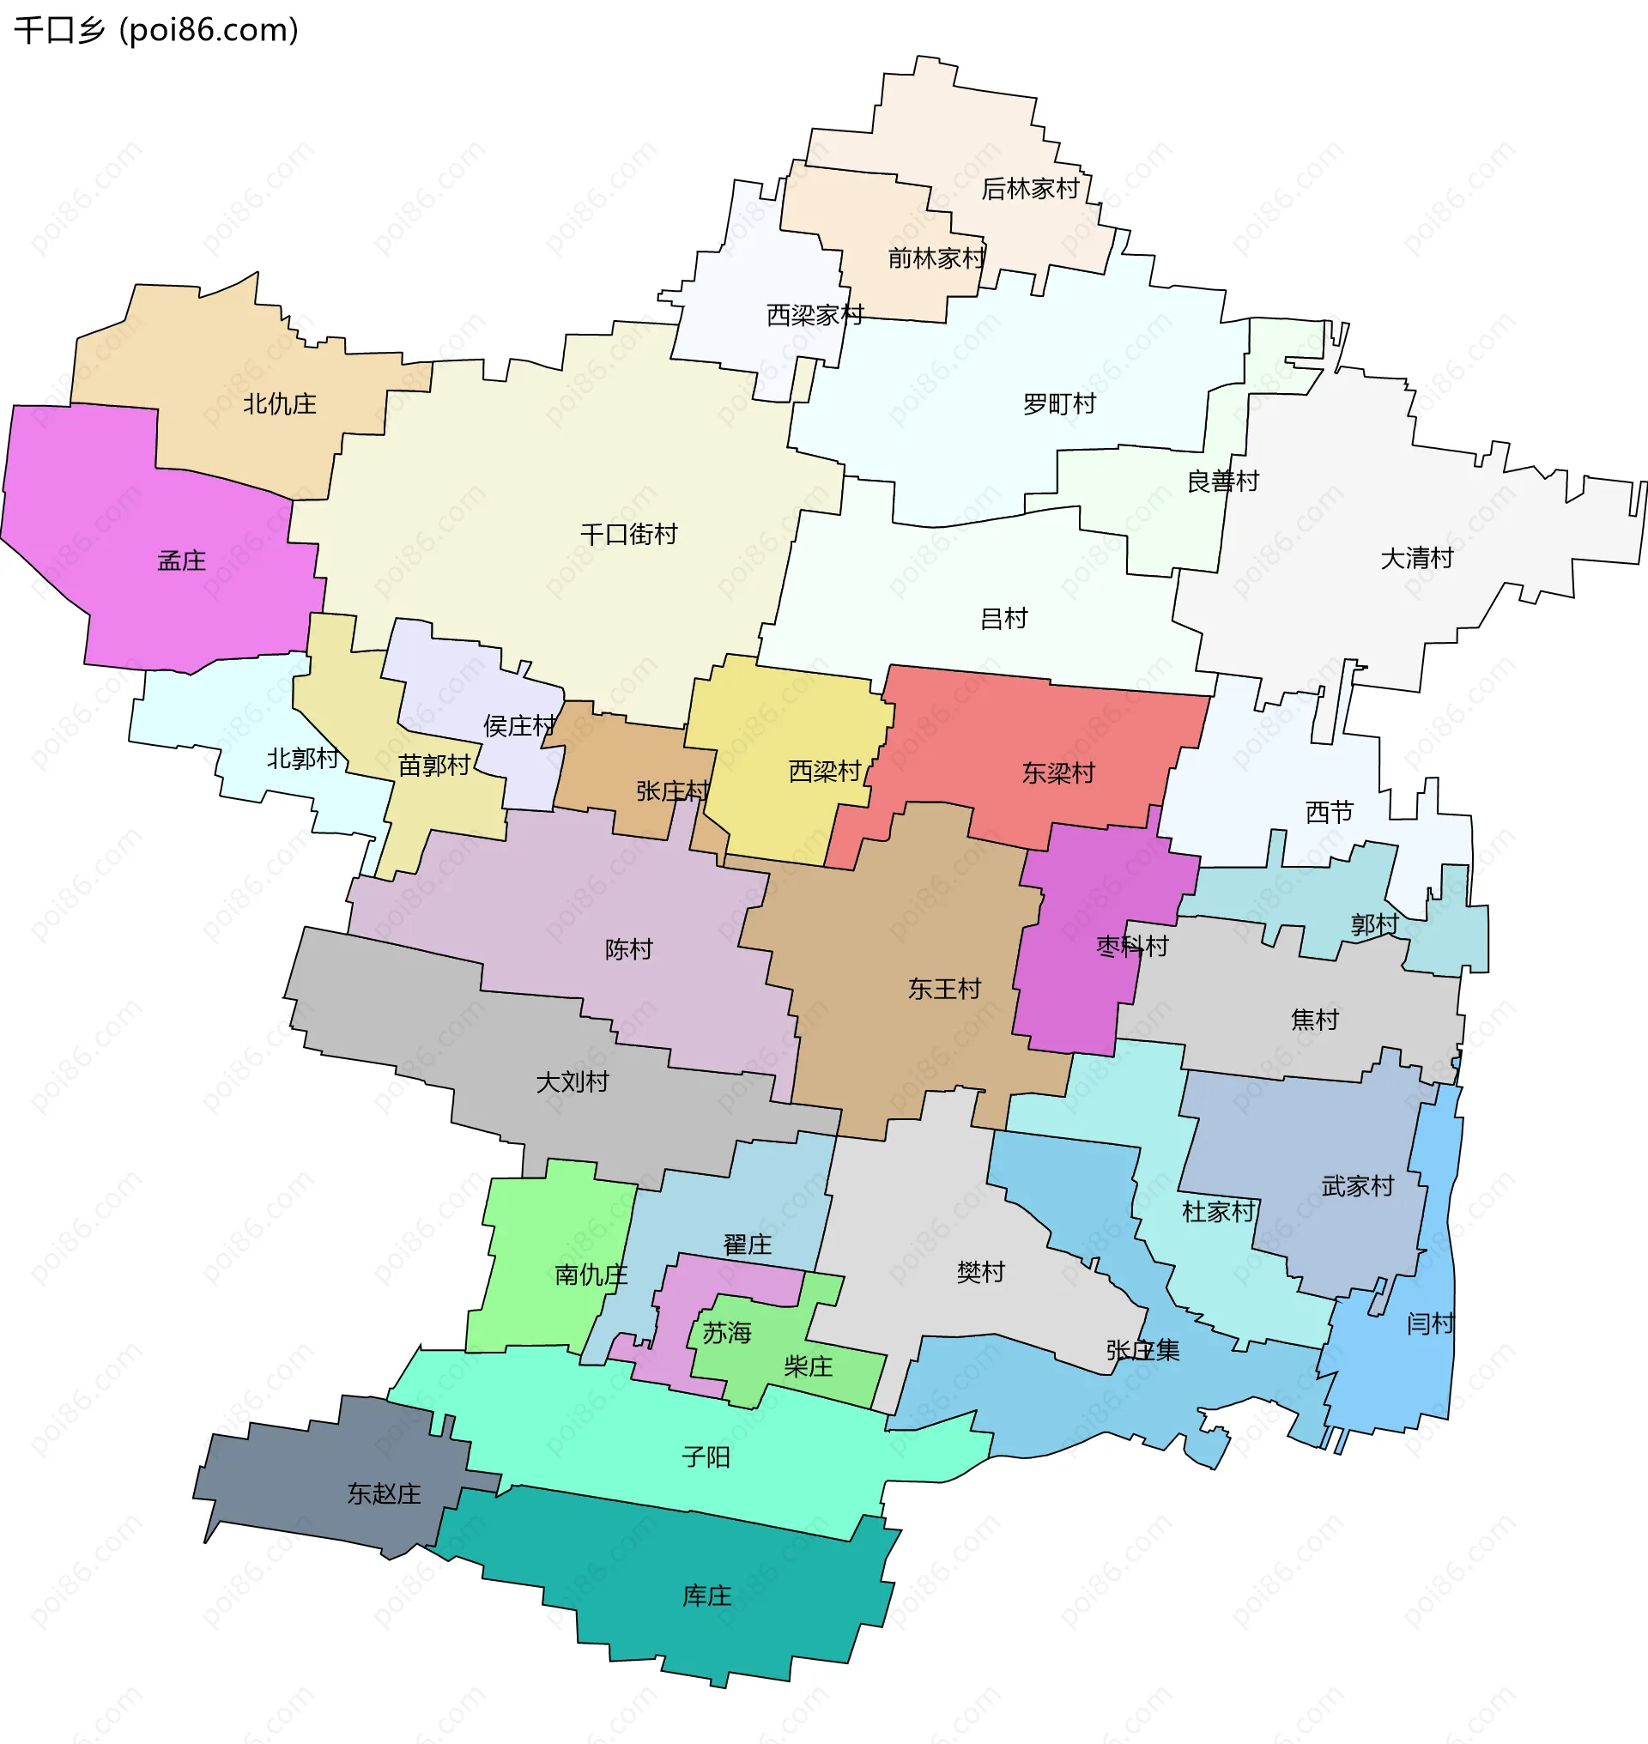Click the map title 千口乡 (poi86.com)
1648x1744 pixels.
tap(156, 30)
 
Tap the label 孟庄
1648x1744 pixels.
tap(181, 560)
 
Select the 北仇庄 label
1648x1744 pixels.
tap(279, 404)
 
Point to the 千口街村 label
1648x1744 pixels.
tap(628, 534)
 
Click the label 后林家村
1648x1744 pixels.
tap(1028, 189)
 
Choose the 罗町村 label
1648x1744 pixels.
tap(1058, 404)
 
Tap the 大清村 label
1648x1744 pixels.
tap(1416, 558)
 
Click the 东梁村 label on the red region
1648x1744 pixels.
tap(1057, 773)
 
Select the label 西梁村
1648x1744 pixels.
tap(824, 772)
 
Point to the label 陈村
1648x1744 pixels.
tap(628, 950)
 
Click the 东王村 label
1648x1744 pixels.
tap(943, 990)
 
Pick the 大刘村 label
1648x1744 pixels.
tap(572, 1082)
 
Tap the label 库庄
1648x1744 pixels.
tap(706, 1596)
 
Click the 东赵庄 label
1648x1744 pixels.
tap(383, 1493)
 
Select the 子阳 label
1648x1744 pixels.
tap(706, 1457)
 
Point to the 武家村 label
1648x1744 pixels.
tap(1357, 1187)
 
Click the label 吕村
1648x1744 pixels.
tap(1003, 619)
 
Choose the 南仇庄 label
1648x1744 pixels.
tap(591, 1275)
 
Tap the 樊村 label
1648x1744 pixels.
tap(979, 1272)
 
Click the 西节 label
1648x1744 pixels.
tap(1329, 813)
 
